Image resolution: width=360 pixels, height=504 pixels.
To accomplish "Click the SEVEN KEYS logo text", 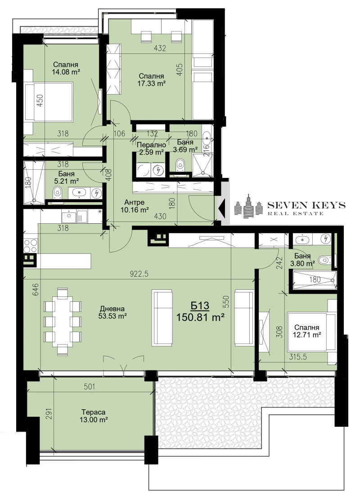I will tap(306, 205).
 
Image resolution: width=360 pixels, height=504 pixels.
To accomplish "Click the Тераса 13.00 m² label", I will tap(94, 416).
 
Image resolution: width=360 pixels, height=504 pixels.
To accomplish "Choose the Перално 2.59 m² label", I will tap(151, 149).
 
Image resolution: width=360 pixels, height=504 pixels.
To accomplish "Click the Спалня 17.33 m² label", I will tap(151, 80).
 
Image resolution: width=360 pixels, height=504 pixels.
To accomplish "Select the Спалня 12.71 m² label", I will tap(308, 331).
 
